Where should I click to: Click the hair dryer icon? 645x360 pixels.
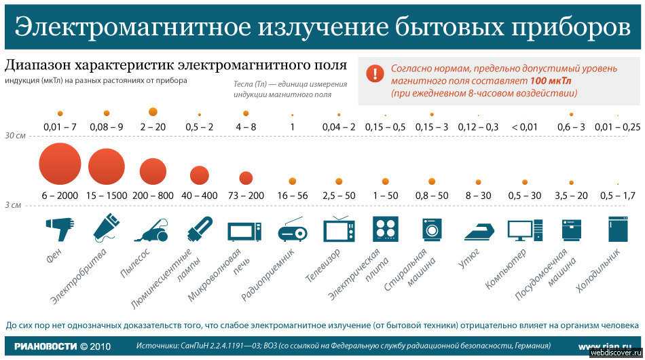[60, 228]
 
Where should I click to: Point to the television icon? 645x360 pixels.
[339, 230]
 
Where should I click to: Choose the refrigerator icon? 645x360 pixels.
[618, 229]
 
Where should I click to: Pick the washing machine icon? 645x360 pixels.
[432, 229]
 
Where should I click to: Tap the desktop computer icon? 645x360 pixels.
[525, 230]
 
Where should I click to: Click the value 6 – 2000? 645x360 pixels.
[60, 196]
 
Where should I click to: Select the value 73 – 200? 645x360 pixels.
[246, 196]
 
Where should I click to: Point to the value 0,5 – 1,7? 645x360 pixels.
[618, 196]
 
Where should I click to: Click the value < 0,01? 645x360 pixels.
[524, 127]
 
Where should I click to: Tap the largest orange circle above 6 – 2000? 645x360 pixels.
[60, 165]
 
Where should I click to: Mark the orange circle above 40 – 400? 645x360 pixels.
[199, 176]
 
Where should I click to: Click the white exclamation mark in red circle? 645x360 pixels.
[375, 74]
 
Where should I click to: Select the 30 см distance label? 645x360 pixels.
[15, 135]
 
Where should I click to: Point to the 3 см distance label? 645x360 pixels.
[13, 204]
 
